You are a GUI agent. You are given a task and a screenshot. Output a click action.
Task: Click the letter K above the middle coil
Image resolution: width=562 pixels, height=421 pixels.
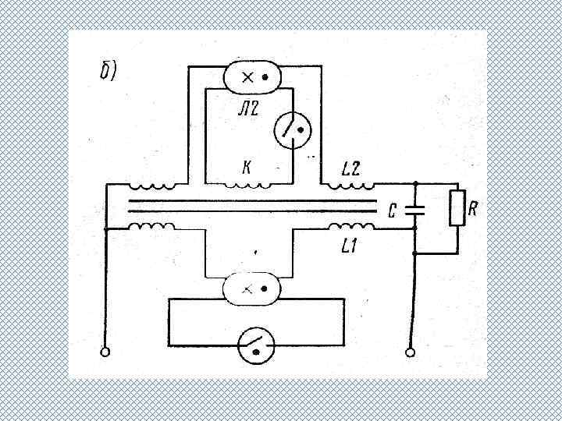(247, 168)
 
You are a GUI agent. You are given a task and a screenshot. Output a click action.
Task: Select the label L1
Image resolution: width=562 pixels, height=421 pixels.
(350, 248)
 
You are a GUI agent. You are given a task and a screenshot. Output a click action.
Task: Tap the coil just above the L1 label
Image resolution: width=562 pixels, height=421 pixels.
(350, 227)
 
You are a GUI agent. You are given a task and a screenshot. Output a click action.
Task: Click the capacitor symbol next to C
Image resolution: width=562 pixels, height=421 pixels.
(414, 210)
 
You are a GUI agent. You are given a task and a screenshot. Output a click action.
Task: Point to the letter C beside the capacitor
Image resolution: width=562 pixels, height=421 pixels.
(393, 210)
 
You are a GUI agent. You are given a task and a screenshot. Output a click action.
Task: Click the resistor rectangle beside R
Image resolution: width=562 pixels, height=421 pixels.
(457, 209)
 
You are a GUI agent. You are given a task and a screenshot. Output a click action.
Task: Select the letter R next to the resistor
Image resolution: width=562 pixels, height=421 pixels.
(473, 207)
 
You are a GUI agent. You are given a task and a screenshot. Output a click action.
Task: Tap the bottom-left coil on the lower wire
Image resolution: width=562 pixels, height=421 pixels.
(152, 227)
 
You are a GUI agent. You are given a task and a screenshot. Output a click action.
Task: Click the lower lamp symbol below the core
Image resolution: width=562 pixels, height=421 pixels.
(251, 288)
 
